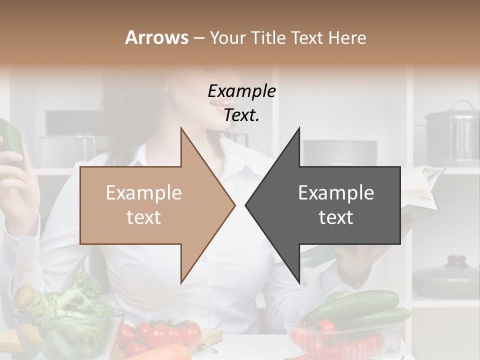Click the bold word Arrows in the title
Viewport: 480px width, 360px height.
tap(156, 37)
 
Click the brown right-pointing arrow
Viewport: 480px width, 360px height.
tap(150, 205)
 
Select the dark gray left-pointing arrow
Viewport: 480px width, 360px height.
tap(330, 205)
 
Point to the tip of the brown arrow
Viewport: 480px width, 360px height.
tap(234, 205)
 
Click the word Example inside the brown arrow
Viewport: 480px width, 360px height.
tap(144, 193)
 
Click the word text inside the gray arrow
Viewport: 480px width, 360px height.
tap(336, 217)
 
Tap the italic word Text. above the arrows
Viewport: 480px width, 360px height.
tap(241, 115)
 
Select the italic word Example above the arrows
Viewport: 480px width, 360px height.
tap(241, 91)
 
